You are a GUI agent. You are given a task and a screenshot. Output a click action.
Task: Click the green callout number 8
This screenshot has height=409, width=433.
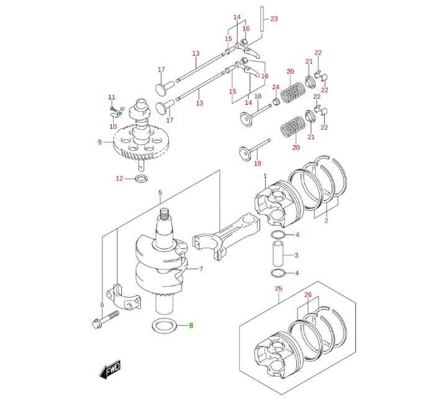coord(191,325)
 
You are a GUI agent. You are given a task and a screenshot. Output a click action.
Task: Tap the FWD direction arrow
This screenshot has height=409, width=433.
coord(110,369)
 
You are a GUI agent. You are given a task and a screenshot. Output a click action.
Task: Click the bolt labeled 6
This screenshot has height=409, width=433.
coord(105,320)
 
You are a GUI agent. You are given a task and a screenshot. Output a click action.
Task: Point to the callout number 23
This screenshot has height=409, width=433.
coord(274,19)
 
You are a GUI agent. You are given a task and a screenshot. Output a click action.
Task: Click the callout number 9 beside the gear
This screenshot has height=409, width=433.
coord(99,142)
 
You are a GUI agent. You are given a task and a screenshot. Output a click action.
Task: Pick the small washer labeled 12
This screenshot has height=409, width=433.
coord(141,179)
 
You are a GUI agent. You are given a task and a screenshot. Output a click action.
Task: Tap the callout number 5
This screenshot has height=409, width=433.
coord(160,192)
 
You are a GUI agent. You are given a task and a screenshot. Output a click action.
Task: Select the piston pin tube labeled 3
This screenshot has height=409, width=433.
coord(278,253)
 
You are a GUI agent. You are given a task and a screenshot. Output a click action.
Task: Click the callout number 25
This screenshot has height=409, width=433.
coord(279,289)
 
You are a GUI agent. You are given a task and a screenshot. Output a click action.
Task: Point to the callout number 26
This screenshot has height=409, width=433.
coord(308,295)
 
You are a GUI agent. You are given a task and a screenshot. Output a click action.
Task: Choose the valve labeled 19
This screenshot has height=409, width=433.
coord(254,150)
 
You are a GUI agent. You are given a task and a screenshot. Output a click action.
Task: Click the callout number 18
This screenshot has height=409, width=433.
coord(258,96)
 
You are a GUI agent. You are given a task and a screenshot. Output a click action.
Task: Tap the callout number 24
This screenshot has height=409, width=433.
coord(276,87)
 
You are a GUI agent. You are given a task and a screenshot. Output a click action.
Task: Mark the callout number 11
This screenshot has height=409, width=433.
coord(112,97)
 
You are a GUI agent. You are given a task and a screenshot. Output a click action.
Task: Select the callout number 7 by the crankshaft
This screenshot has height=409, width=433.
coord(201,269)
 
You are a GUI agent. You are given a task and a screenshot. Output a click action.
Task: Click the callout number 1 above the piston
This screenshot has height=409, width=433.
coord(265,176)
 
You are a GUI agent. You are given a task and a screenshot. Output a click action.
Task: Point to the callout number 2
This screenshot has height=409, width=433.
coord(326,220)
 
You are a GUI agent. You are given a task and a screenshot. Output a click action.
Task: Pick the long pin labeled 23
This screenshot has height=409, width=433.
coord(262,19)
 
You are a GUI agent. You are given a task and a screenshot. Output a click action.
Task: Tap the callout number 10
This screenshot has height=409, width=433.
coord(113,127)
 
